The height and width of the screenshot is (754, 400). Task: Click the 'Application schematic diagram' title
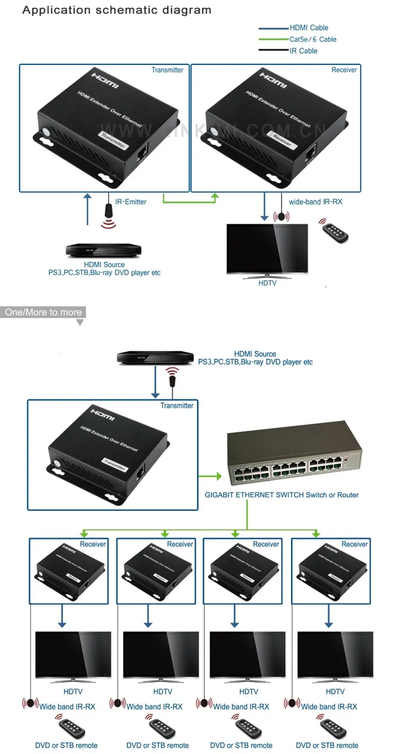coord(117,10)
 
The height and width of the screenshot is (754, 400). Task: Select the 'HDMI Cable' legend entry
coord(309,28)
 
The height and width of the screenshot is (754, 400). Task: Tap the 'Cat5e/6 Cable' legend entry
coord(313,40)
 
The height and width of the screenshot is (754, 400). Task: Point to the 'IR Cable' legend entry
coord(303,51)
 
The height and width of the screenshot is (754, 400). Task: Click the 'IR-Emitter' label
coord(131,202)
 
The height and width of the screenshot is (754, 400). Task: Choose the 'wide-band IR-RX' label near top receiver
coord(315,202)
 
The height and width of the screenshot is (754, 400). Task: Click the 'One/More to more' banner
coord(44,312)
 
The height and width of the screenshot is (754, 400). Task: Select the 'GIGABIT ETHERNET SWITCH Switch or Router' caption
coord(282,495)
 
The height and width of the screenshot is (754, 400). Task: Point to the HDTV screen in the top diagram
coord(267,248)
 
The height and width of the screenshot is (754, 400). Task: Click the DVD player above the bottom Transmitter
coord(155,357)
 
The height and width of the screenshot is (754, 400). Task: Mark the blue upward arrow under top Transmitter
coord(88,209)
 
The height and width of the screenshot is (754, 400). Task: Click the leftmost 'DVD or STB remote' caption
coord(66,745)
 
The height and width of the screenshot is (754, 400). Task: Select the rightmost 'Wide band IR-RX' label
coord(329,706)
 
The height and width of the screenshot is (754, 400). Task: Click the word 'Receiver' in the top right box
coord(344,70)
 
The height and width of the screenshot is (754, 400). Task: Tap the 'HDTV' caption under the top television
coord(267,283)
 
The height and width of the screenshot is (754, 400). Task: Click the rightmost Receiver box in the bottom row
coord(332,570)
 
